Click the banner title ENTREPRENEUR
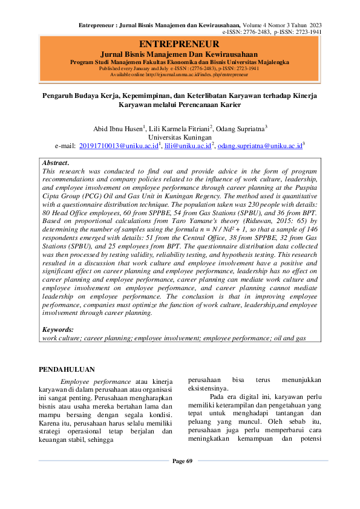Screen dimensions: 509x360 click(179, 44)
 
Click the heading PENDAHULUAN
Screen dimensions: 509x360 click(66, 369)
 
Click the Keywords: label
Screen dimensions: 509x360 click(57, 329)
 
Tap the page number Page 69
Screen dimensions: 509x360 click(182, 461)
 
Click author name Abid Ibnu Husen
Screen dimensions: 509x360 click(117, 129)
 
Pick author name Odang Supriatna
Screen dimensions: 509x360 click(241, 129)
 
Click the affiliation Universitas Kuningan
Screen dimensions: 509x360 click(180, 137)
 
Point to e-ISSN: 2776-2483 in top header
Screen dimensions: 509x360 click(248, 31)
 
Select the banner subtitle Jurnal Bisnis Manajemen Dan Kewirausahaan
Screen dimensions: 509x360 click(179, 54)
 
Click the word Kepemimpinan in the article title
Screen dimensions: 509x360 click(163, 96)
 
